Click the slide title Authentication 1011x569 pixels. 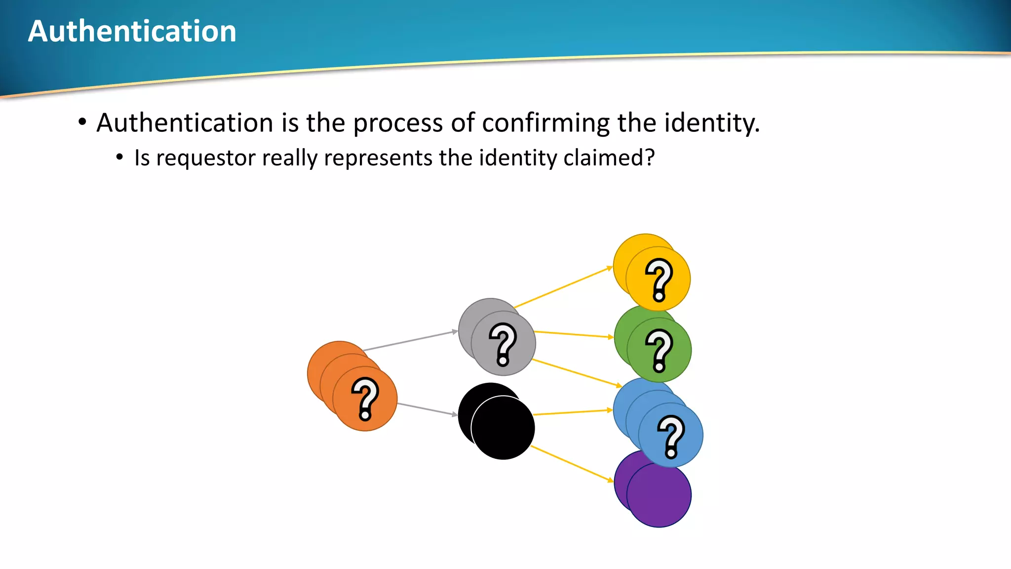coord(132,31)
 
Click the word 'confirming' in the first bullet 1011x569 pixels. coord(545,122)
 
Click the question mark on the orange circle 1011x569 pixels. coord(365,399)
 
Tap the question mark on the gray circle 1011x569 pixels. coord(503,344)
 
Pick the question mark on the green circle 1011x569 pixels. coord(660,351)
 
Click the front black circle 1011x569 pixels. coord(503,428)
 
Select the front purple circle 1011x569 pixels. coord(659,495)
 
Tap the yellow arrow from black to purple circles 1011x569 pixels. coord(572,463)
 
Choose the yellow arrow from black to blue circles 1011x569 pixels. coord(573,412)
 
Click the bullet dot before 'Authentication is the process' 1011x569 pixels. coord(82,122)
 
